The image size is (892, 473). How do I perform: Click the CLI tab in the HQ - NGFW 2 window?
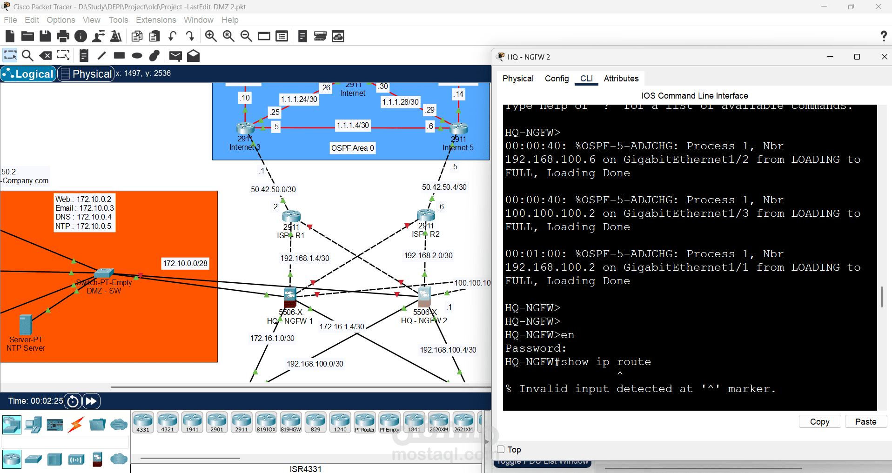(x=586, y=79)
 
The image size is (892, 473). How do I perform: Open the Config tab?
(x=557, y=79)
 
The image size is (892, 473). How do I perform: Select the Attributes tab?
(x=621, y=79)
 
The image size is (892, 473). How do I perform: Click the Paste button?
(x=865, y=421)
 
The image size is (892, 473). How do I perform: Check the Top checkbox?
(x=501, y=449)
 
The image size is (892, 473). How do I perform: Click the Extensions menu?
(x=156, y=20)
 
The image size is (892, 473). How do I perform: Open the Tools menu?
(x=118, y=20)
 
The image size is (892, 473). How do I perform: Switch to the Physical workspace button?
(x=87, y=74)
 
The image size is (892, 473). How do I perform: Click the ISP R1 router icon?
(x=291, y=216)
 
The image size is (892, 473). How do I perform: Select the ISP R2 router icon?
(x=426, y=214)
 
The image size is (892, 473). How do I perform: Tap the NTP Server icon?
(x=26, y=325)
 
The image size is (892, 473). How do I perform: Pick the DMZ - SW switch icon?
(x=104, y=273)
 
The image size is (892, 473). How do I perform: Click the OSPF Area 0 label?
(x=352, y=148)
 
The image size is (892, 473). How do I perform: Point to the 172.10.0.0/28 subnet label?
(x=185, y=263)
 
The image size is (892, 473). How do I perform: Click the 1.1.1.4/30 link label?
(x=353, y=125)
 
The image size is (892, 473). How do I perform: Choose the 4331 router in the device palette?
(x=143, y=422)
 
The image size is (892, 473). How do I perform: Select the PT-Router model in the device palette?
(x=365, y=422)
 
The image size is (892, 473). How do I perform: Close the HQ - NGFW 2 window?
(x=884, y=57)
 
